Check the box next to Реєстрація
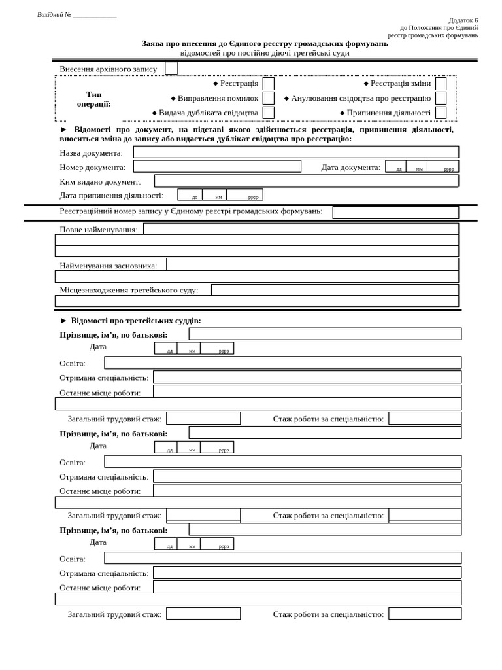(268, 84)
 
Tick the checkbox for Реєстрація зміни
(441, 84)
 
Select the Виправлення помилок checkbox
(268, 98)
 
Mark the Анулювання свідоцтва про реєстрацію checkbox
(441, 98)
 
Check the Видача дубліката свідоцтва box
(268, 113)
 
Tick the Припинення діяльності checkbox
(441, 113)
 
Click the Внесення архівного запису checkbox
(171, 68)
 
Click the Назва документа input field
(295, 152)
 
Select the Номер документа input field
(217, 167)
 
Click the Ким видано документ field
(306, 181)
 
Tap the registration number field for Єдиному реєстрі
(395, 212)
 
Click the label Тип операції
(93, 99)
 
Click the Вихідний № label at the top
(54, 15)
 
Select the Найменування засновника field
(312, 264)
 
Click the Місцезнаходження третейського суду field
(334, 290)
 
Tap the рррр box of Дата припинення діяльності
(245, 195)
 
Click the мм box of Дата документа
(417, 167)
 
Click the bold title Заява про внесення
(265, 43)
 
